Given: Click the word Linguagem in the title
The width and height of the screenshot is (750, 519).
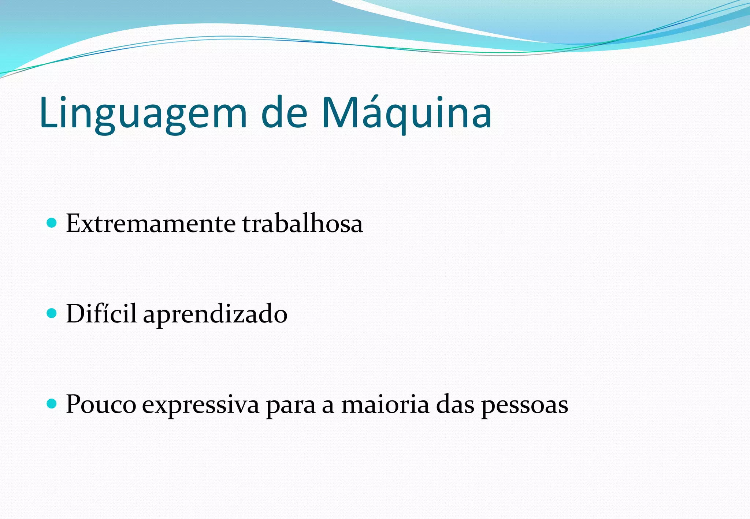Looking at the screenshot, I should point(143,113).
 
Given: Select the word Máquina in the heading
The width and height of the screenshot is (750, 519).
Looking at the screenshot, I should point(406,113).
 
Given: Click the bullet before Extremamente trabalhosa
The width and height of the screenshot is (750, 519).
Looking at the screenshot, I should point(52,223).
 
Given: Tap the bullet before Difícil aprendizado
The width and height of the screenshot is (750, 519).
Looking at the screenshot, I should point(52,313).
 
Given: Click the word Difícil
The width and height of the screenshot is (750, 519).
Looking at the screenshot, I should point(101,314).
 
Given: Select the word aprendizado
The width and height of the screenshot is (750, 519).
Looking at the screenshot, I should point(215,315).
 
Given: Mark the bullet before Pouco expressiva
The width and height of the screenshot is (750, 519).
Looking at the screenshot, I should point(52,404).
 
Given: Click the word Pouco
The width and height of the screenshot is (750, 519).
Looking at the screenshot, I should point(101,404).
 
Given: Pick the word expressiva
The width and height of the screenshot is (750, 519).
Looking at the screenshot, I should point(201,406).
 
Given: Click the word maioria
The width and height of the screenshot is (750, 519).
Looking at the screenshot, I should point(385,404).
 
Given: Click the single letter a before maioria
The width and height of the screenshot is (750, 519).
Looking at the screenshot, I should point(328,406).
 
